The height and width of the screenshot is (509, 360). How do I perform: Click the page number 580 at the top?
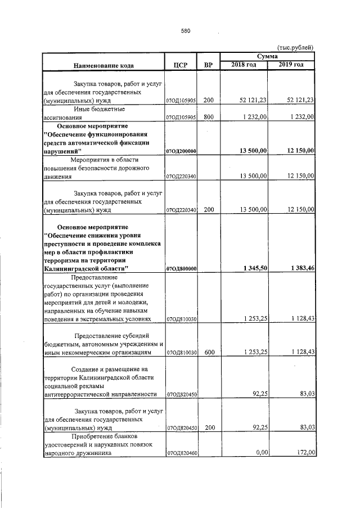(x=186, y=31)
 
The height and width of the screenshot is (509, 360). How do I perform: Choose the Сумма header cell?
(x=267, y=57)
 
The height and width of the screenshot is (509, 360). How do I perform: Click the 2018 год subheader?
(x=244, y=65)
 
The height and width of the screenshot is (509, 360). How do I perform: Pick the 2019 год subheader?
(x=291, y=65)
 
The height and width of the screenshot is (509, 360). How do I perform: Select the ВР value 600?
(x=209, y=352)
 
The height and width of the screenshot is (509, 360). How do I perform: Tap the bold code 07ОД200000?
(x=181, y=151)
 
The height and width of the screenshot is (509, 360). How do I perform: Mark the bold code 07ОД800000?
(x=181, y=269)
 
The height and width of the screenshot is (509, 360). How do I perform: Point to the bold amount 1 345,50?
(x=254, y=268)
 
